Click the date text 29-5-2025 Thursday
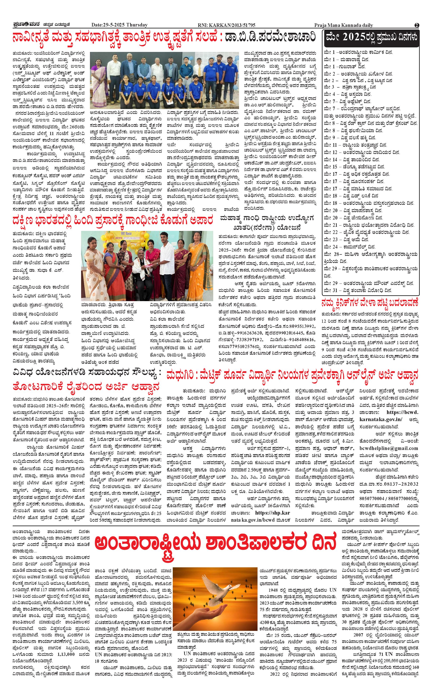[x=119, y=25]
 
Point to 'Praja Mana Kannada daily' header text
[x=343, y=25]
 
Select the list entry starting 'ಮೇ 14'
[x=352, y=159]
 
